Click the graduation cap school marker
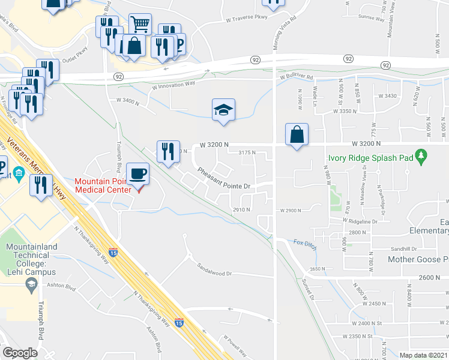pos(223,110)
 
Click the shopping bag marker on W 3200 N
pos(297,134)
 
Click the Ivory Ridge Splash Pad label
pos(371,159)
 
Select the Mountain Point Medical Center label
pos(103,185)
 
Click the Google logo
pos(20,352)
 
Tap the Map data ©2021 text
pos(424,355)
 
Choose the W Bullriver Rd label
pos(296,77)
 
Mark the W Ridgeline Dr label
pos(360,221)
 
